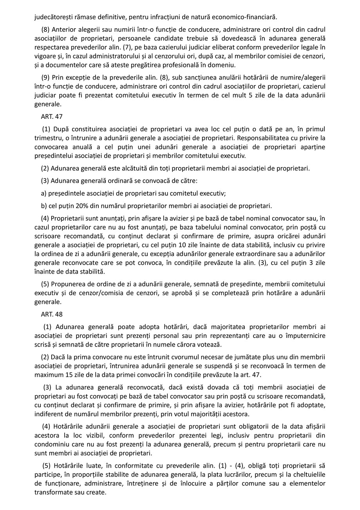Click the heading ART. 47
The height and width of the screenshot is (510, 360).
click(52, 116)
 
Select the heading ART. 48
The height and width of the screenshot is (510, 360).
click(52, 314)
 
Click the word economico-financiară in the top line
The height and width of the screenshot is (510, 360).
click(246, 17)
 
